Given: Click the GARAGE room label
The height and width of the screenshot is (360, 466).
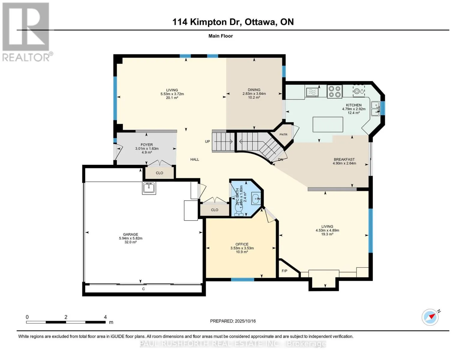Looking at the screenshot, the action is tap(131, 234).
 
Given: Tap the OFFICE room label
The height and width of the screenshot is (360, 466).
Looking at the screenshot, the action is tap(242, 244).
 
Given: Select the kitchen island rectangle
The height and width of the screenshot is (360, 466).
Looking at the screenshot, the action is tap(328, 124).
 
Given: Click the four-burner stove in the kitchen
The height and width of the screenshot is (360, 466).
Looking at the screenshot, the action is tap(335, 92).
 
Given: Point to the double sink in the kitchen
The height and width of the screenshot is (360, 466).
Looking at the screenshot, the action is tap(375, 109).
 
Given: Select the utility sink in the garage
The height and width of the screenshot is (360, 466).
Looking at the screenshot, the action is tap(149, 188).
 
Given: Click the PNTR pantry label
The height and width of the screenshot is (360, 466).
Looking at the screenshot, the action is tap(283, 134).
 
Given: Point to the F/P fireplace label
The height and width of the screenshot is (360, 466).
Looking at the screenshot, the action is tap(284, 271).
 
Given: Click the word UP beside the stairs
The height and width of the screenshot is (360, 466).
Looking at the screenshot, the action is tap(207, 142).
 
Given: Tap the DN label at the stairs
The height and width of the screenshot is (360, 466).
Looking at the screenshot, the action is tap(281, 160).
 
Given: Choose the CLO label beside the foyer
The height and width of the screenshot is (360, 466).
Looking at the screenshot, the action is tap(159, 173).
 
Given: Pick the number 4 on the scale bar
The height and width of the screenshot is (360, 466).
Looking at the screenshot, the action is tap(105, 317).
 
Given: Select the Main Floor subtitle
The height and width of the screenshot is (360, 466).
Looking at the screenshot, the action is tap(221, 36).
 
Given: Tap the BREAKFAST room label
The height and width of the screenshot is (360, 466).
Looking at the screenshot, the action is tap(344, 159).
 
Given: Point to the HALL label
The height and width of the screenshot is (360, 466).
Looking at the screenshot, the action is tap(195, 159).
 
